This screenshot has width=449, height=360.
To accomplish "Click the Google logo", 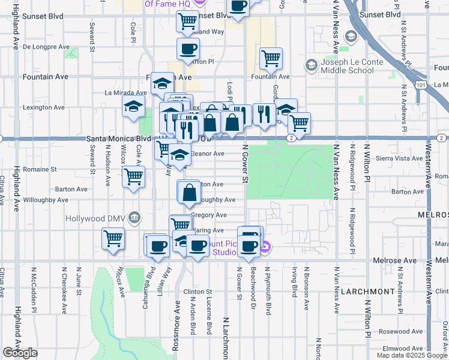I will [20, 353].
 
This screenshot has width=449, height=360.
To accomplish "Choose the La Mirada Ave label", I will [125, 93].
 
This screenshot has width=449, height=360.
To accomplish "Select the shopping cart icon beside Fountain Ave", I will [271, 59].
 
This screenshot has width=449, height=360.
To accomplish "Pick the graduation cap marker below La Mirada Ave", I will [133, 109].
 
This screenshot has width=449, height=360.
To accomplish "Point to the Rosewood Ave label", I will [406, 331].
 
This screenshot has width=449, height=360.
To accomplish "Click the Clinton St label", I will [198, 292].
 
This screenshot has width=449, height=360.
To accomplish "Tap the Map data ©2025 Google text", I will [412, 355].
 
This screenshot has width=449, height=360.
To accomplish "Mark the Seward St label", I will [92, 37].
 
